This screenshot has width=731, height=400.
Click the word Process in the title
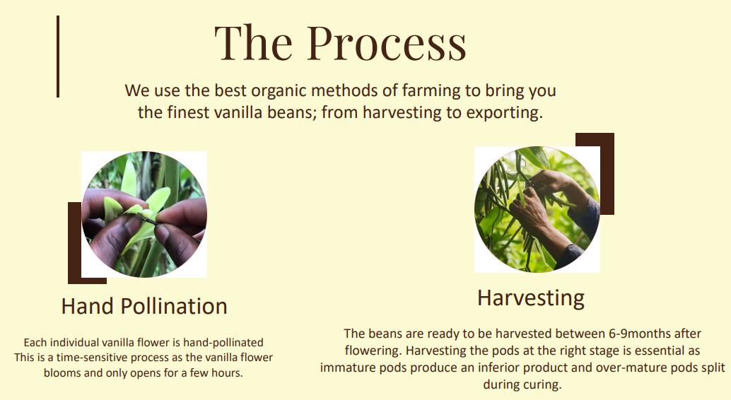point(387,43)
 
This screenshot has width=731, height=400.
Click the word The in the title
point(253,42)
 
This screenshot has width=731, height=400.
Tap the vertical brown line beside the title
point(58,57)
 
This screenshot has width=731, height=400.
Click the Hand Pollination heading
point(144,306)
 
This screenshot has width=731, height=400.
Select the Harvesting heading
point(530,298)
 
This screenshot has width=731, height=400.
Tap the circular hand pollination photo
point(144,214)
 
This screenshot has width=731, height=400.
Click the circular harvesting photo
point(537,209)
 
